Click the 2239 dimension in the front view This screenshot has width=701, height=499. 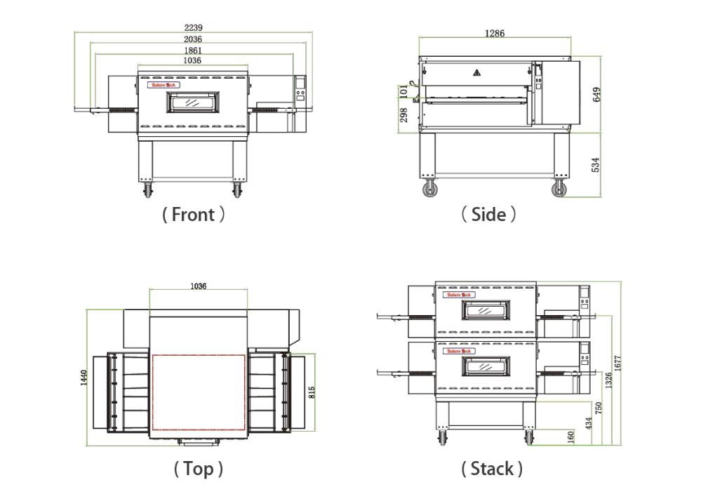(193, 27)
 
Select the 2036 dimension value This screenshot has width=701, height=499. (193, 39)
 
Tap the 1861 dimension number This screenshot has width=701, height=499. (193, 51)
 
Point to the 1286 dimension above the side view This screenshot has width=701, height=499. (495, 33)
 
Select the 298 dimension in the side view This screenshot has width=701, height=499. (404, 115)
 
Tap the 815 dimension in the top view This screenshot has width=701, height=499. (312, 392)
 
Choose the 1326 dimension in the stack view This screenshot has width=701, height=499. (608, 380)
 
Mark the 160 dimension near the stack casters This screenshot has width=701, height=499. (572, 437)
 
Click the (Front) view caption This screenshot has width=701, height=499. (193, 215)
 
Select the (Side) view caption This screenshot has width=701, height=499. (489, 215)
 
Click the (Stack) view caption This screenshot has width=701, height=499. (491, 469)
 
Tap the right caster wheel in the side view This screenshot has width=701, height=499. (559, 188)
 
